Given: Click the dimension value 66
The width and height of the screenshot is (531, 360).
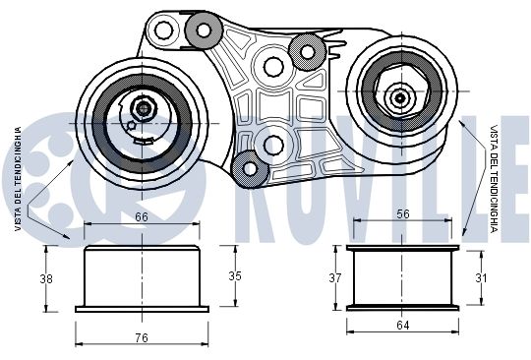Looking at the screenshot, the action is (x=142, y=216).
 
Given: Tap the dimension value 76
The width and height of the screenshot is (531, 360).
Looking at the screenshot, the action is (x=142, y=337).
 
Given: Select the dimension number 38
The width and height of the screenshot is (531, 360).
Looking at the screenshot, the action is (x=46, y=278).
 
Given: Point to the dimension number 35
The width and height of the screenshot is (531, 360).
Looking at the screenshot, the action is (x=235, y=276).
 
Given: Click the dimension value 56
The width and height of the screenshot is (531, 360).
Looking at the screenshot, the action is (x=403, y=214).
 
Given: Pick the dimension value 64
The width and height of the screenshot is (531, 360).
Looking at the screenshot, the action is (x=402, y=326).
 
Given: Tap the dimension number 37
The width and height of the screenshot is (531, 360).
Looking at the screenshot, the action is (x=335, y=278).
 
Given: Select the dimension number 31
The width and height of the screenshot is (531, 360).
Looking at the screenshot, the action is (x=481, y=278).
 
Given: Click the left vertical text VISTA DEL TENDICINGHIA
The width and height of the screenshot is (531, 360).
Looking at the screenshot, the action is (x=18, y=179).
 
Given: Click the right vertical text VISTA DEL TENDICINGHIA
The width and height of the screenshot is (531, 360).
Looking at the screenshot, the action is (x=494, y=179).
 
